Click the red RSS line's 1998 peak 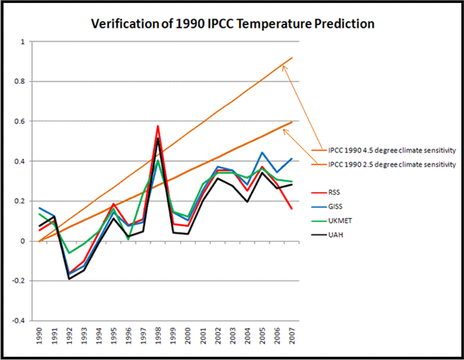click(x=157, y=125)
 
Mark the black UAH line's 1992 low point click(x=69, y=279)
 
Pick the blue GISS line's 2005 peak click(x=262, y=152)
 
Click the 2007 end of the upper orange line click(x=292, y=58)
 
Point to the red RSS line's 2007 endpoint click(x=292, y=208)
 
